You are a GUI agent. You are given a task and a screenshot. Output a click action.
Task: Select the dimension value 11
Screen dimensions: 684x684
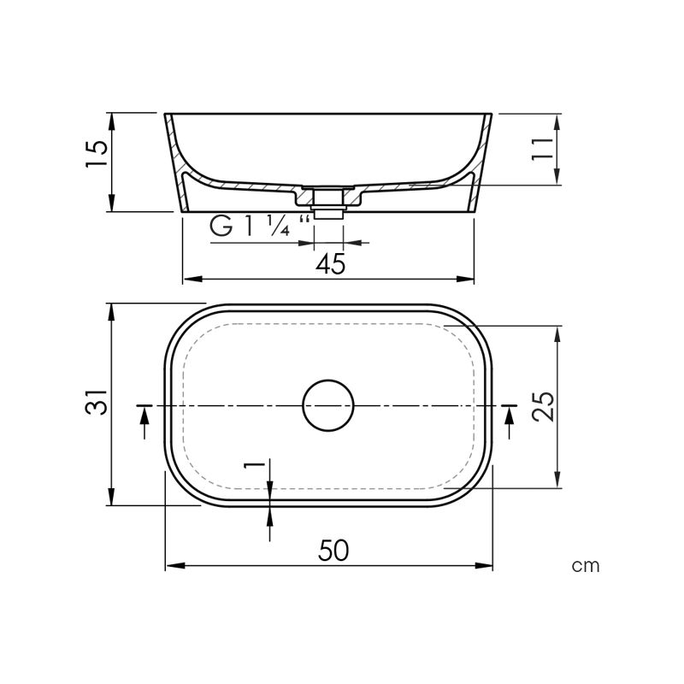pos(542,149)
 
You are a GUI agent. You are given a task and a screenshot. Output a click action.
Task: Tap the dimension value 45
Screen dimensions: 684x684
pos(330,264)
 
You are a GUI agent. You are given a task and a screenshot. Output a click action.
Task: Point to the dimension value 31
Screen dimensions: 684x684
pos(97,401)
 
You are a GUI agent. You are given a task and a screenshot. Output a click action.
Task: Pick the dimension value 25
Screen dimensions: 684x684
pos(543,407)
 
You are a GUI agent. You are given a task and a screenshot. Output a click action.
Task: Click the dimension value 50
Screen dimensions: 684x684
pos(333,551)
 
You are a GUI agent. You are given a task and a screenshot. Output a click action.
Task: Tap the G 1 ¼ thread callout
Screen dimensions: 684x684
pos(260,226)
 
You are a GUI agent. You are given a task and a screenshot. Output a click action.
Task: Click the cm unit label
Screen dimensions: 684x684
pos(586,566)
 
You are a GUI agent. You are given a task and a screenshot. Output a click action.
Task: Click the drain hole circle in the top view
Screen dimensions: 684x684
pos(328,380)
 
